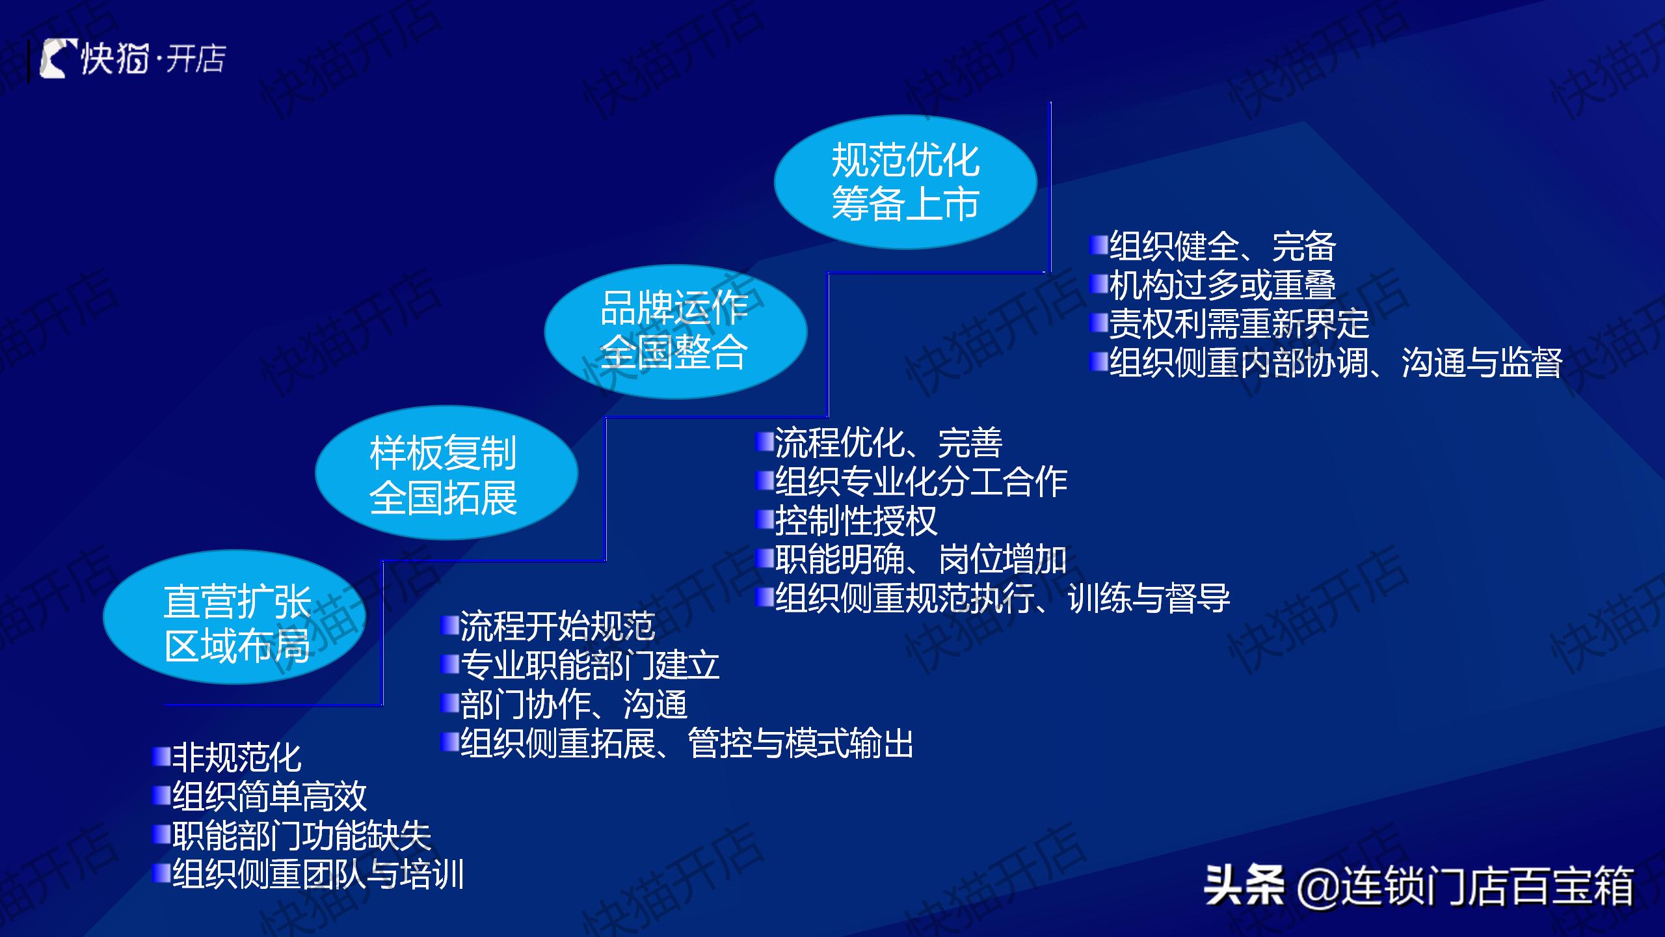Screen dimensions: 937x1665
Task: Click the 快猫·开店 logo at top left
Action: tap(133, 59)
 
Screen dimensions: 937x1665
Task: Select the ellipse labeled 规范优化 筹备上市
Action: tap(905, 182)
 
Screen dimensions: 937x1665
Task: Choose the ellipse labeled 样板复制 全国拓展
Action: tap(446, 473)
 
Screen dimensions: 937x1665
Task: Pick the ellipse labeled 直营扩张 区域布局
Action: tap(234, 617)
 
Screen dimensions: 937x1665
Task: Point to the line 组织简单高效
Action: tap(269, 796)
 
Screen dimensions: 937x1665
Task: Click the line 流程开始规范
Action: tap(557, 626)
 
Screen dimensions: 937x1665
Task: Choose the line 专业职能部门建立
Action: tap(590, 665)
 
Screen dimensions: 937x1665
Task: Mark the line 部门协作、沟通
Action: tap(574, 704)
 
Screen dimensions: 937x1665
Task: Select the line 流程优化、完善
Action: tap(888, 442)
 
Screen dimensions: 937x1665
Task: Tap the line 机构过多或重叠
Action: tap(1223, 284)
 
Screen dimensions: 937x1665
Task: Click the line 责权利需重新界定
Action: tap(1239, 323)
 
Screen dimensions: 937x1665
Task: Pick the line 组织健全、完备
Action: tap(1223, 246)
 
